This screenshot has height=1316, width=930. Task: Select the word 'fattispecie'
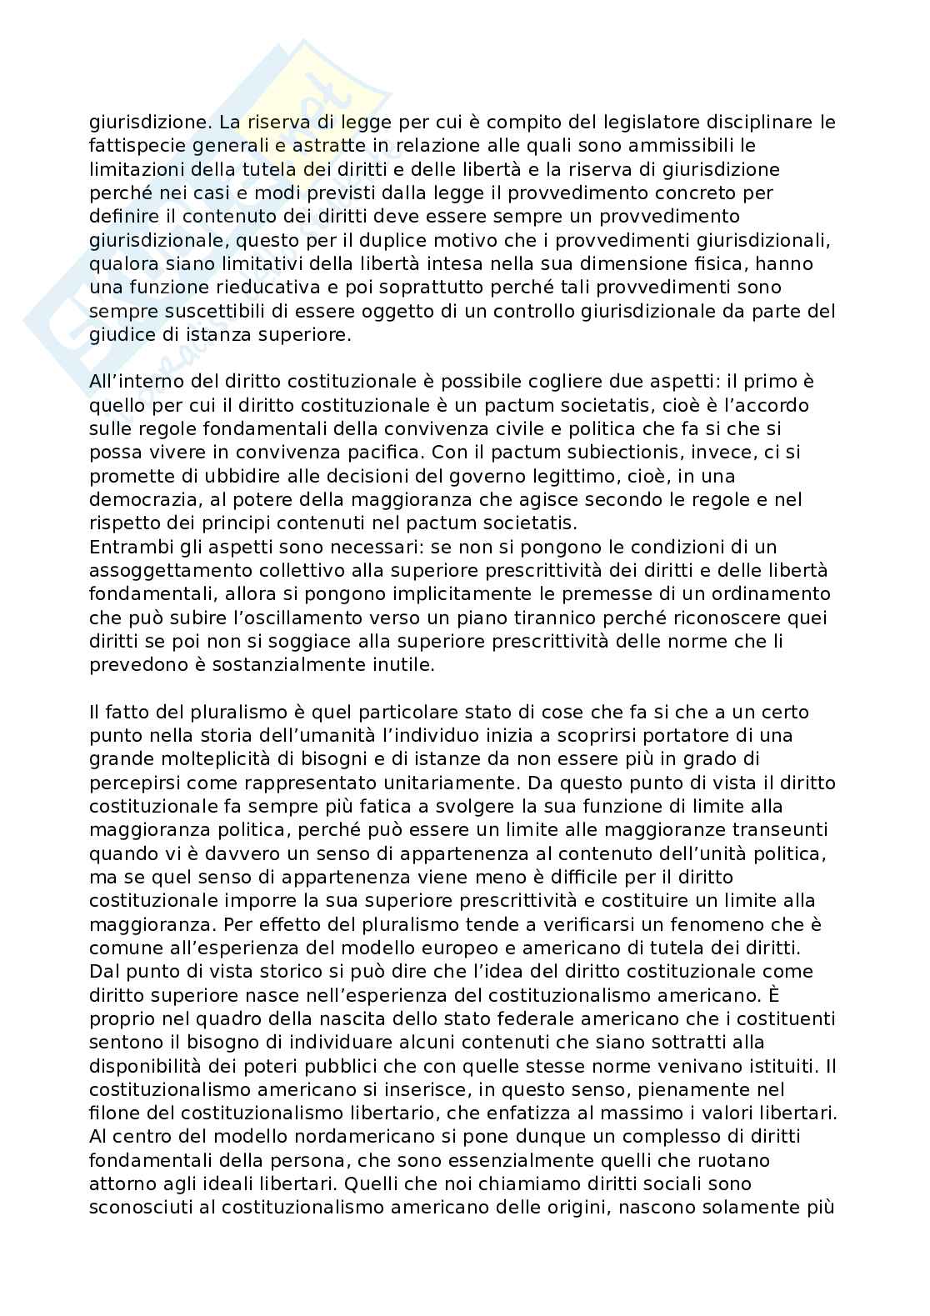coord(129,146)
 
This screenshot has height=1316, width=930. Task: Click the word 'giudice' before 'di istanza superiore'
coord(117,334)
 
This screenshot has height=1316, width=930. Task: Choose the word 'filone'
coord(112,1113)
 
